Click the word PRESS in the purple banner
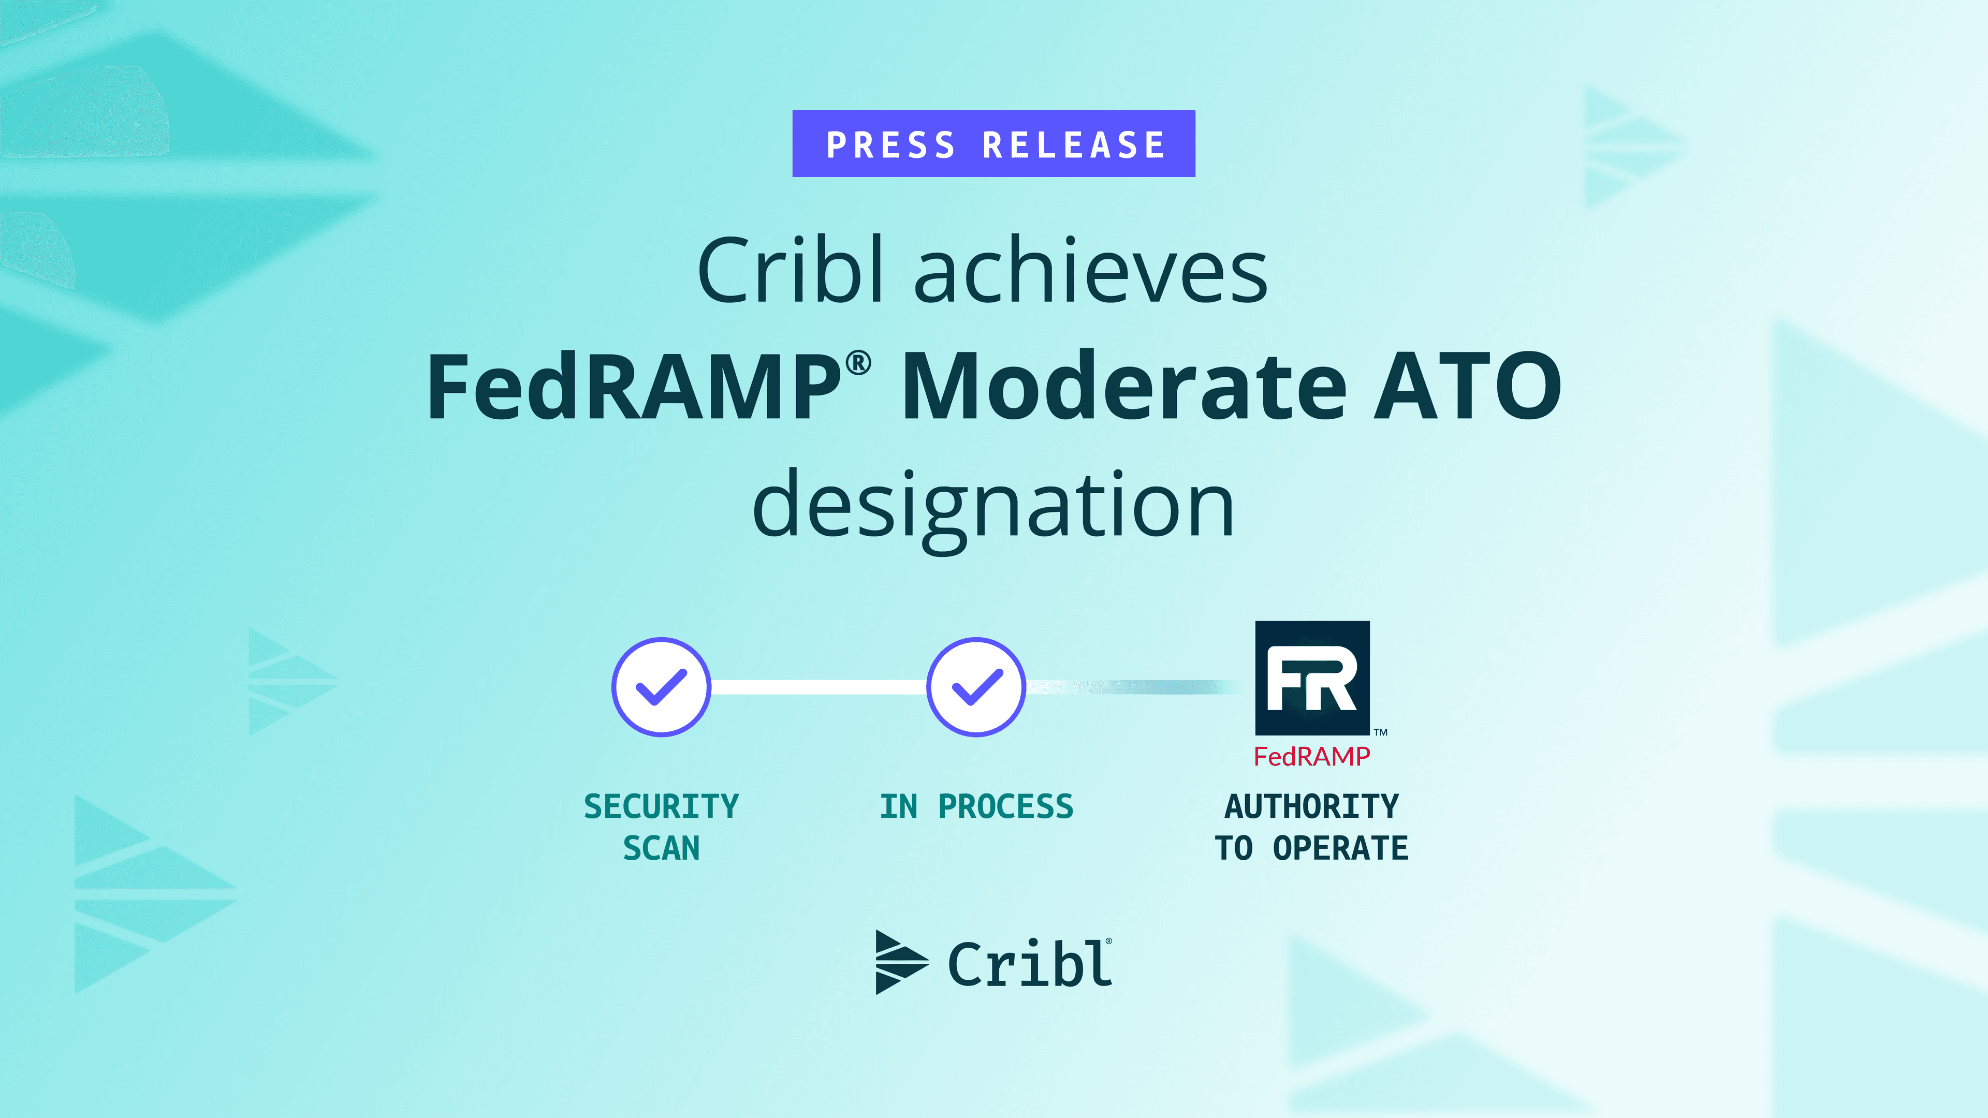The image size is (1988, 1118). coord(890,145)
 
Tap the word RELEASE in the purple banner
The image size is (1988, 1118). coord(1074,145)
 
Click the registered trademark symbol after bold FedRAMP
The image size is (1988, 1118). coord(858,363)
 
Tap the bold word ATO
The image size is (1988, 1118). coord(1468,386)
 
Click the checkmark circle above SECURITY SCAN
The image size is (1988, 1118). coord(662,687)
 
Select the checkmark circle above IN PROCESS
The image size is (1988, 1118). coord(976,687)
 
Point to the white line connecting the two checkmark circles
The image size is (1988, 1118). coord(819,687)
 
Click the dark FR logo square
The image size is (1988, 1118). coord(1312,678)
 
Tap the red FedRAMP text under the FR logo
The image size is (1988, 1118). coord(1312,757)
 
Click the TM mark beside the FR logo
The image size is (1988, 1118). coord(1381,731)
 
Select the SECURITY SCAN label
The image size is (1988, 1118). coord(662,827)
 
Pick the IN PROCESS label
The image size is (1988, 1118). coord(976,806)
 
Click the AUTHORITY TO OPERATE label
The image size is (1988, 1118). coord(1312,827)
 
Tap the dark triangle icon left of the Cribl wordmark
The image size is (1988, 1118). coord(901,962)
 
